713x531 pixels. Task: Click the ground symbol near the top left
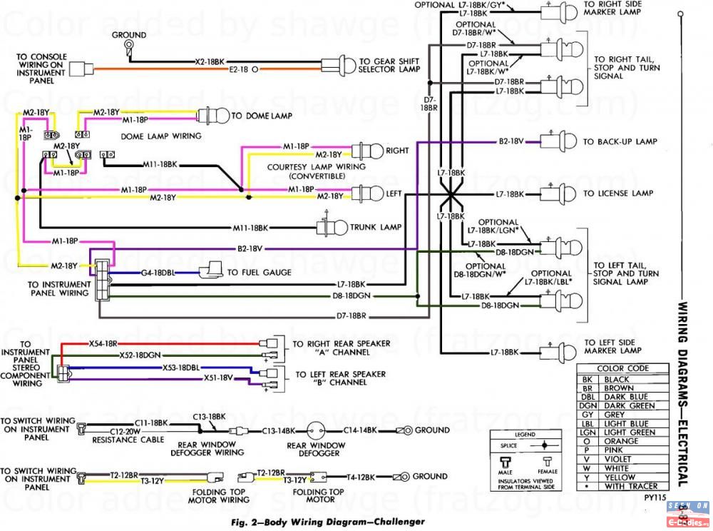[129, 46]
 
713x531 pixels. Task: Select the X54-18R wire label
[103, 343]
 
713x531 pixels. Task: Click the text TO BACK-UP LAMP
[620, 142]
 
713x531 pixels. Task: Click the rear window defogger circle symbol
[316, 430]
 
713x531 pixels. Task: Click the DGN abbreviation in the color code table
[588, 406]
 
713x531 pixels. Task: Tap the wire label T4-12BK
[362, 476]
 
